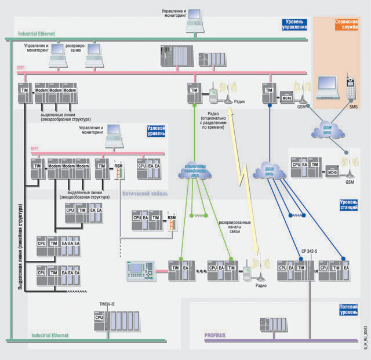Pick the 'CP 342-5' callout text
pyautogui.click(x=311, y=251)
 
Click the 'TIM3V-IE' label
pyautogui.click(x=109, y=303)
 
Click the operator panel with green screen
pyautogui.click(x=141, y=270)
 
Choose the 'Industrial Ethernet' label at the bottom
pyautogui.click(x=50, y=335)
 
